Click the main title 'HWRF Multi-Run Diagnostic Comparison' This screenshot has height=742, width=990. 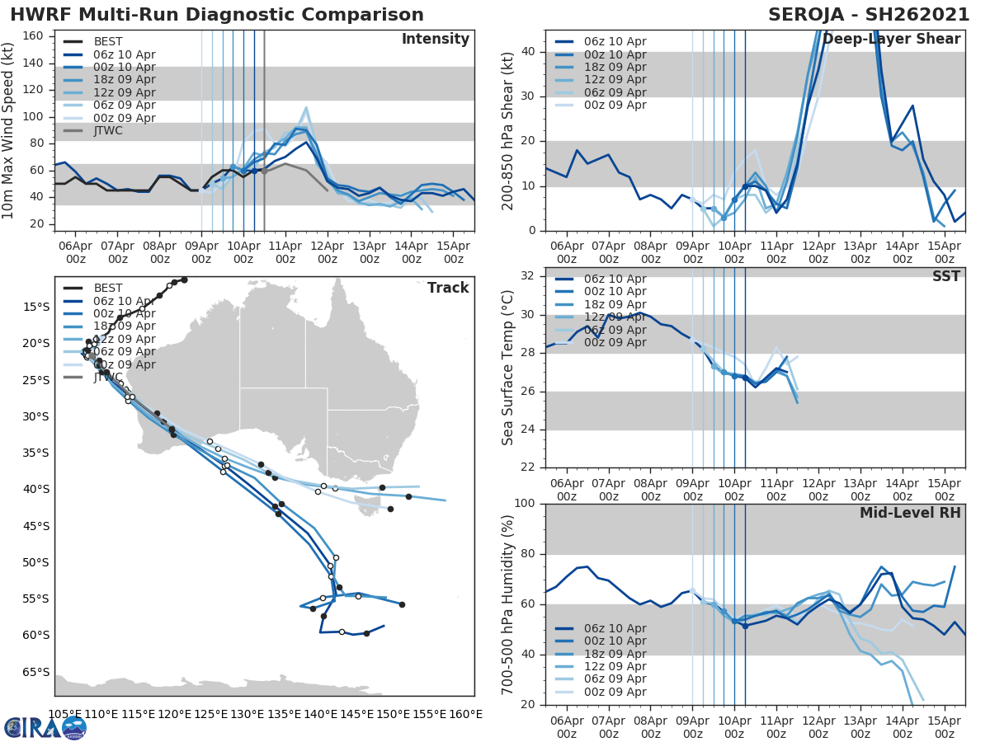coord(217,15)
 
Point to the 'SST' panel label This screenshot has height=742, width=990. coord(945,277)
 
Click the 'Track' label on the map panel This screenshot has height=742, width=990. coord(448,288)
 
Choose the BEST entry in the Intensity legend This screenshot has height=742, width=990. coord(107,42)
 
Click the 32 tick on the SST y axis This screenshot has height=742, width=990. coord(530,276)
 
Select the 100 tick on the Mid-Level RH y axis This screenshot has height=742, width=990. coord(526,504)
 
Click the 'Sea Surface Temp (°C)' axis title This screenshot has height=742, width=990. coord(508,368)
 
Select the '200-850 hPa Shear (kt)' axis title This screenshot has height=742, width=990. coord(508,130)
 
